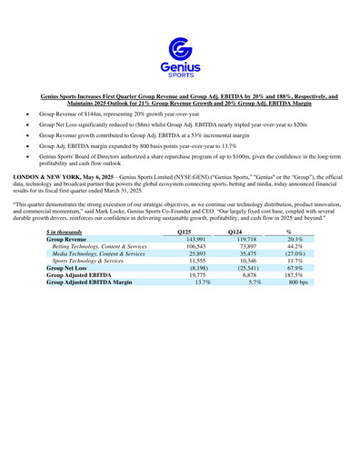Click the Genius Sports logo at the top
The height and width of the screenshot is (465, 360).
click(179, 55)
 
